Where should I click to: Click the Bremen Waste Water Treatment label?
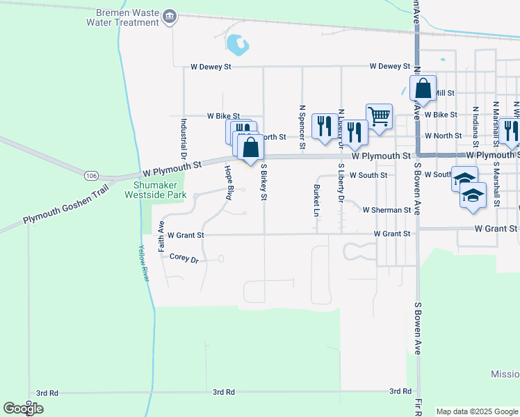122,18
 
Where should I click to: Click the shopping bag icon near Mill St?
423,88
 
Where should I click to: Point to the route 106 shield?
91,176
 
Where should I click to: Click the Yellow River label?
144,264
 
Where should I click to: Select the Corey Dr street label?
184,258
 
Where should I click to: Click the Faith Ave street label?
161,236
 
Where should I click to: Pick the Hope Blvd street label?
227,183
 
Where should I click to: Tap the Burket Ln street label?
316,198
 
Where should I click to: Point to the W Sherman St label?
387,210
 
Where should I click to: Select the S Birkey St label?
263,182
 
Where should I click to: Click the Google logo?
23,409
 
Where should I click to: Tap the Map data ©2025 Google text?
477,411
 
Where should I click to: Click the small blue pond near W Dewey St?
237,45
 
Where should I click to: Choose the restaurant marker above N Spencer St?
323,126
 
